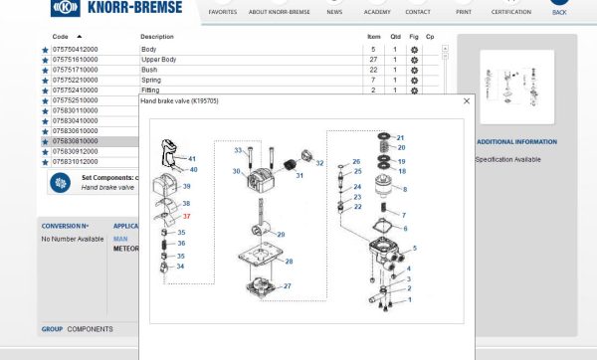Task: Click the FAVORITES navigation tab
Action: pyautogui.click(x=223, y=12)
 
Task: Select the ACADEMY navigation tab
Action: pyautogui.click(x=377, y=12)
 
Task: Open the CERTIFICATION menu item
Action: pyautogui.click(x=511, y=12)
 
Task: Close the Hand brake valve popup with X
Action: pyautogui.click(x=467, y=100)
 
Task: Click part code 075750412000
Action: pyautogui.click(x=76, y=49)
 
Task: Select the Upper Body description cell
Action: pyautogui.click(x=159, y=60)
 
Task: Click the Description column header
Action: pyautogui.click(x=157, y=36)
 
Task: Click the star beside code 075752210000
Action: pyautogui.click(x=45, y=80)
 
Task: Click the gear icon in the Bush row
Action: pyautogui.click(x=414, y=70)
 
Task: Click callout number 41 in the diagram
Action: pyautogui.click(x=192, y=159)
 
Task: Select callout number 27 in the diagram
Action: pyautogui.click(x=288, y=286)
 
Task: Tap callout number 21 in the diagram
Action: pyautogui.click(x=401, y=137)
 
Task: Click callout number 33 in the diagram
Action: pyautogui.click(x=238, y=150)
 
